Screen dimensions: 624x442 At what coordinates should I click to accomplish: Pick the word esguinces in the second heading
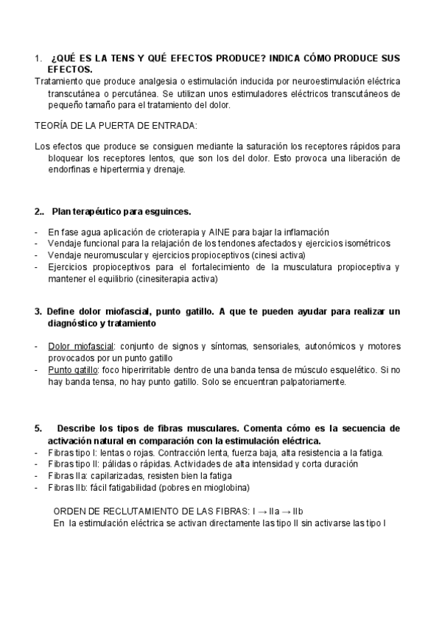[x=166, y=211]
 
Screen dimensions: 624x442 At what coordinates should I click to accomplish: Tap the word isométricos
[x=366, y=243]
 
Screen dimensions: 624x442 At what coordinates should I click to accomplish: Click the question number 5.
[x=38, y=428]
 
